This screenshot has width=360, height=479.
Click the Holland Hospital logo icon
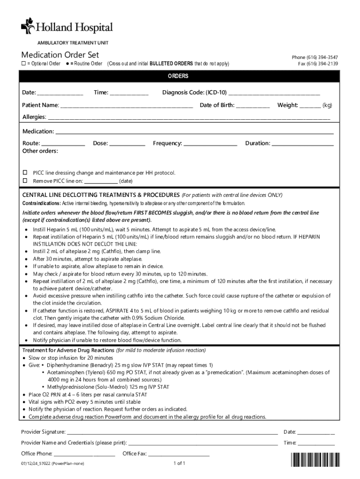pyautogui.click(x=28, y=26)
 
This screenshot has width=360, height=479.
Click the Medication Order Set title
pyautogui.click(x=60, y=55)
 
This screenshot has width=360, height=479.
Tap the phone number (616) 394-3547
pyautogui.click(x=320, y=57)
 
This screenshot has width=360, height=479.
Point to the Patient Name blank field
pyautogui.click(x=126, y=106)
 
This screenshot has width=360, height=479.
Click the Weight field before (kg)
pyautogui.click(x=310, y=106)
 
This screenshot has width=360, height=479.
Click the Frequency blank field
pyautogui.click(x=210, y=144)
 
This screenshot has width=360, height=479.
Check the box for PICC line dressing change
pyautogui.click(x=26, y=173)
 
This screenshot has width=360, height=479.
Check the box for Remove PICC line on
pyautogui.click(x=26, y=181)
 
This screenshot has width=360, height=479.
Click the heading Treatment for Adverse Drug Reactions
pyautogui.click(x=68, y=350)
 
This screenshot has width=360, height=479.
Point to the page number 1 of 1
pyautogui.click(x=180, y=464)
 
